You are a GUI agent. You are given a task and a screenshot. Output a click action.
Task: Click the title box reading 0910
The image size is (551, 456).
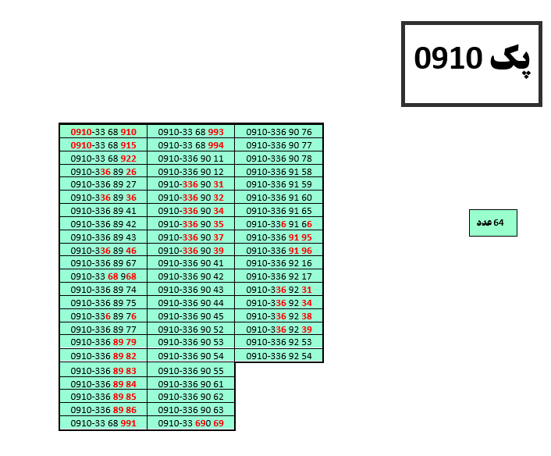[471, 63]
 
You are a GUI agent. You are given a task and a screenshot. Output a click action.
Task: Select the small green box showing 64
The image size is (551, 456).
[492, 223]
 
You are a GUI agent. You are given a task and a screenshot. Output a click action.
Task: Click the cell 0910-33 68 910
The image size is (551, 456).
[103, 132]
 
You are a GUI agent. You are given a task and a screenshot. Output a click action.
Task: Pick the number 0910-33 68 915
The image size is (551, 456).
[103, 145]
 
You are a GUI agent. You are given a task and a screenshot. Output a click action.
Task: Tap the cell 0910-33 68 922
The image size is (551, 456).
[103, 159]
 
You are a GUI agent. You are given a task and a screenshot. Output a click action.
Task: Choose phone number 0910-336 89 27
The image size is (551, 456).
[103, 184]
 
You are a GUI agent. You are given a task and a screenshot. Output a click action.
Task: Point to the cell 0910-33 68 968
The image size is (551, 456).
[103, 276]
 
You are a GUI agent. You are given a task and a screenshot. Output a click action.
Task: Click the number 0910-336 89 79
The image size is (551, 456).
[103, 342]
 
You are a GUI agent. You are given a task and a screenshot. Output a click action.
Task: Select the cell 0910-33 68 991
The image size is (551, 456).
[103, 423]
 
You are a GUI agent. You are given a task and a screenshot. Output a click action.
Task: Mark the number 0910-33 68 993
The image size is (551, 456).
[190, 132]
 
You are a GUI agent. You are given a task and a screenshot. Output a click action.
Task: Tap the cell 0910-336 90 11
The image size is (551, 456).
[190, 159]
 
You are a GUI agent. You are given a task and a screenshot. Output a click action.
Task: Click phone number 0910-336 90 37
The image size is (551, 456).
[190, 237]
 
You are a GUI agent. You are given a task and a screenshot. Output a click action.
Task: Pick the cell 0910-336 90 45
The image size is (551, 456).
[190, 316]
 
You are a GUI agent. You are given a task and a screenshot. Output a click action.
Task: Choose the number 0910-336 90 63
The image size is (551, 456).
[190, 410]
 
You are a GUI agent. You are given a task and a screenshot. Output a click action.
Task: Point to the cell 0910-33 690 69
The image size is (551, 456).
[190, 423]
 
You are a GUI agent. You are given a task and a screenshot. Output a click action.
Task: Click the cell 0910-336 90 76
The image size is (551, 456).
[279, 132]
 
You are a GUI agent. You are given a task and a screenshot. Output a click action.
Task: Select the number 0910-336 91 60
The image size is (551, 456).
[279, 198]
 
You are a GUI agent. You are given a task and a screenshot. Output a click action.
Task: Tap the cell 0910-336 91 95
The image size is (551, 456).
[279, 237]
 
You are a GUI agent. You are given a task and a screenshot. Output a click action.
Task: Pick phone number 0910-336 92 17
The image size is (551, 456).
[279, 276]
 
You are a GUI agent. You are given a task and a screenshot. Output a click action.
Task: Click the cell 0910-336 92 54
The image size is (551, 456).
[279, 356]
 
